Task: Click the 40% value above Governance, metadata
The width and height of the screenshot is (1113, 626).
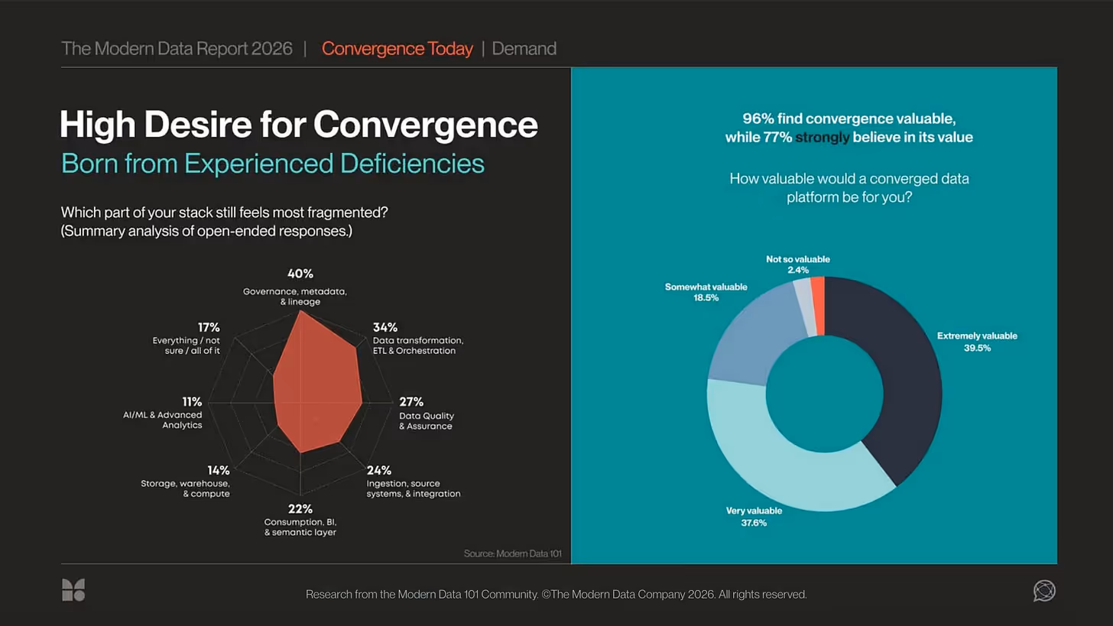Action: pyautogui.click(x=300, y=274)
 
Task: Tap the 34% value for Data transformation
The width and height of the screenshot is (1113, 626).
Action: pyautogui.click(x=385, y=327)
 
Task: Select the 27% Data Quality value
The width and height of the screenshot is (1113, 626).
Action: pyautogui.click(x=411, y=402)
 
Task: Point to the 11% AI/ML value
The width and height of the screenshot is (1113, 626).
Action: pyautogui.click(x=192, y=402)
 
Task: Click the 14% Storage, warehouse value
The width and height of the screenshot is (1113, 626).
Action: pyautogui.click(x=219, y=470)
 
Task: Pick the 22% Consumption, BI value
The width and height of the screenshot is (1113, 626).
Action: pyautogui.click(x=300, y=509)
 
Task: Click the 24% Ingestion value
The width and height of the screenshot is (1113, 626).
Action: pyautogui.click(x=379, y=470)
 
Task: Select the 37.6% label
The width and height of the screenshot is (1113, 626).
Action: pyautogui.click(x=753, y=523)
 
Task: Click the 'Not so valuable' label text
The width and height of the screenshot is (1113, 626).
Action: pyautogui.click(x=797, y=259)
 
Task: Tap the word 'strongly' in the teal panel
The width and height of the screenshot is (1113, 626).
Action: pyautogui.click(x=822, y=138)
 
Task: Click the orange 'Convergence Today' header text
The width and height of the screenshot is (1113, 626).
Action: pyautogui.click(x=397, y=49)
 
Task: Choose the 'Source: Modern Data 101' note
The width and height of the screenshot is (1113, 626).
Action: pyautogui.click(x=512, y=553)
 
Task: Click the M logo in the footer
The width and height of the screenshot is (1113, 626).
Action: pyautogui.click(x=73, y=590)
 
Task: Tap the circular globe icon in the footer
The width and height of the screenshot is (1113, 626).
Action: pyautogui.click(x=1043, y=590)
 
